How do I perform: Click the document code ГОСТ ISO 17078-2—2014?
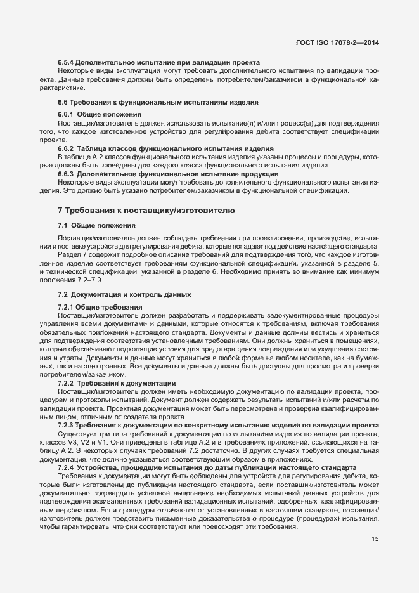341,42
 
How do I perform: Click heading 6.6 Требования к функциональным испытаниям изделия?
149,102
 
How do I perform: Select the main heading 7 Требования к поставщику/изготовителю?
146,209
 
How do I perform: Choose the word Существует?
77,433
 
